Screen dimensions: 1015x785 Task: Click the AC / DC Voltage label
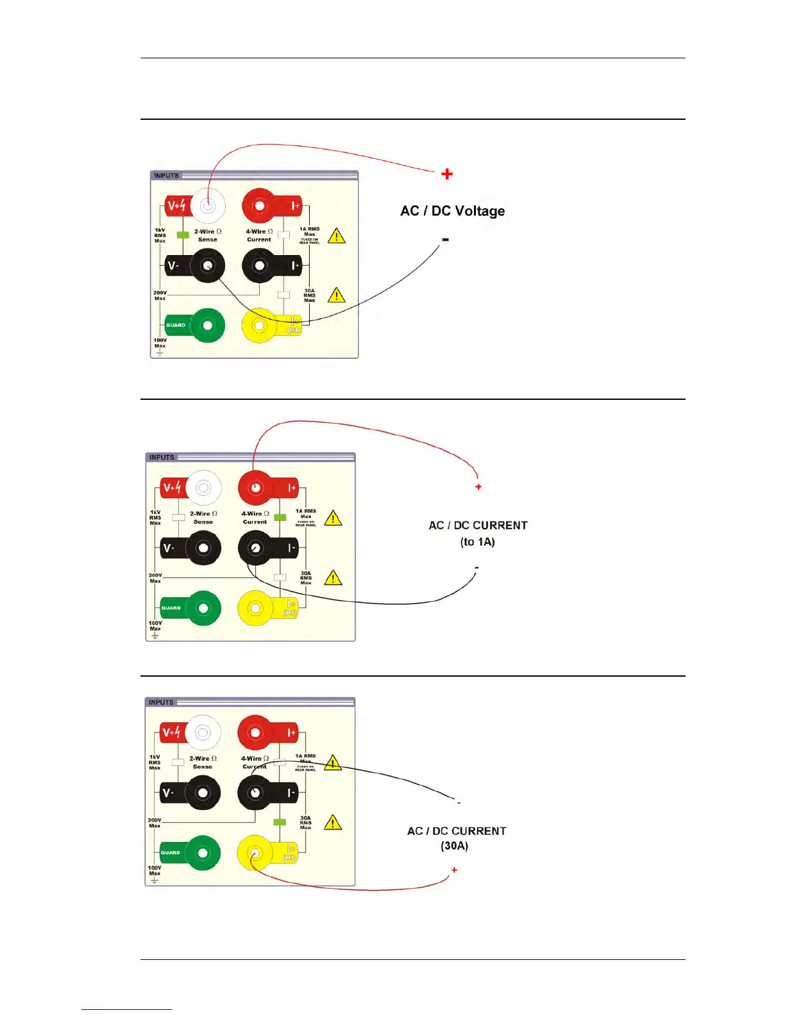452,211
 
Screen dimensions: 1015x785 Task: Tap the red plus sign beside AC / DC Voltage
447,174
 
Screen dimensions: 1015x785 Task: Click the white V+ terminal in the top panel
208,206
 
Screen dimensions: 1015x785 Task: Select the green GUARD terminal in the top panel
207,326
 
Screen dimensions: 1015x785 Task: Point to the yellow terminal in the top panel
259,326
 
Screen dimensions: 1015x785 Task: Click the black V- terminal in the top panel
207,265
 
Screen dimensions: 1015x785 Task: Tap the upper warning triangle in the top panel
337,236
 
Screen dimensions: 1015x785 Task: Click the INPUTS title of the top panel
167,176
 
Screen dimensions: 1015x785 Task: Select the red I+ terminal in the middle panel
255,488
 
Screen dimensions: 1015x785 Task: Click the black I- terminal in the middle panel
255,548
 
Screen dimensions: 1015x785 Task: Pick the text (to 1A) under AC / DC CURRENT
477,542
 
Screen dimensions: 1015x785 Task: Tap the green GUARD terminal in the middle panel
203,608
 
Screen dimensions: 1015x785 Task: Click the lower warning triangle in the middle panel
333,579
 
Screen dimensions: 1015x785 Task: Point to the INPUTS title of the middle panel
162,458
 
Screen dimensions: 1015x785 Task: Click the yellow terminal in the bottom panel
255,853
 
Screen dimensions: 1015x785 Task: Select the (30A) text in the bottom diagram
454,846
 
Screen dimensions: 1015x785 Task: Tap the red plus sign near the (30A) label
454,870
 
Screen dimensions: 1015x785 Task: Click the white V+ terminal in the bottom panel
203,732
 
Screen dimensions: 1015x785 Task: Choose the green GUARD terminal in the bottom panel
203,853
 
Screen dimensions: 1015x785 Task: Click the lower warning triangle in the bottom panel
332,823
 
